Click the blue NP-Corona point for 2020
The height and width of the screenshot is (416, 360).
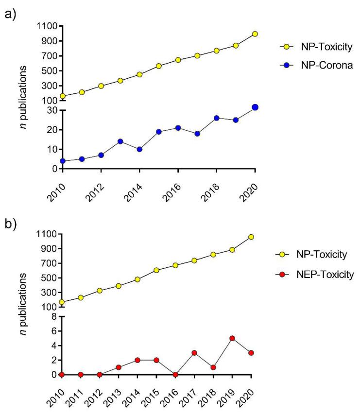(x=255, y=107)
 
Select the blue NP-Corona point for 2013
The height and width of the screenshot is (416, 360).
(x=120, y=141)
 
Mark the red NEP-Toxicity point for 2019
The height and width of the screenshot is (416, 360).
(x=232, y=338)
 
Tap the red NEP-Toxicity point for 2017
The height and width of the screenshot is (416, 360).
(x=194, y=353)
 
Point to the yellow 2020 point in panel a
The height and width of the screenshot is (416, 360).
(x=255, y=34)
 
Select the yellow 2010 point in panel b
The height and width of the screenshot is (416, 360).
(x=62, y=302)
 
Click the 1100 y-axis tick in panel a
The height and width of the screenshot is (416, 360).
(x=47, y=26)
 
